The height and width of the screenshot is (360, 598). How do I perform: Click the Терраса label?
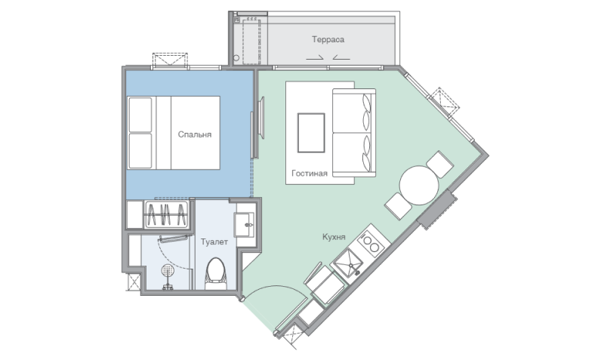(x=328, y=40)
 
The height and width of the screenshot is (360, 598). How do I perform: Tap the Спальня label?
(x=195, y=134)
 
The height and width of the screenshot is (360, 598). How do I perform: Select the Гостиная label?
(x=310, y=174)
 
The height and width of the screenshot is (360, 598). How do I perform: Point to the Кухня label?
(x=334, y=237)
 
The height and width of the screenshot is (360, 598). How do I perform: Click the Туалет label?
(x=214, y=242)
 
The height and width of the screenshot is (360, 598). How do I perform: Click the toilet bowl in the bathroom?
(x=215, y=273)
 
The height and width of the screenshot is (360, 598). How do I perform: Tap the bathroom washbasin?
(x=245, y=225)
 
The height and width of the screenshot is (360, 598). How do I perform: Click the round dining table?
(x=419, y=186)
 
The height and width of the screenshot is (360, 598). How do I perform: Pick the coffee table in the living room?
(x=311, y=133)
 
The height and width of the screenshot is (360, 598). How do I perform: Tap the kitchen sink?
(x=347, y=264)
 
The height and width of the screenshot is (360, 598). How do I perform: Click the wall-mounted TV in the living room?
(x=261, y=118)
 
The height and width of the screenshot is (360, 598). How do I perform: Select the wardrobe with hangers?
(x=166, y=214)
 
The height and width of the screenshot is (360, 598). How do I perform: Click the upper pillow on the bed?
(x=140, y=115)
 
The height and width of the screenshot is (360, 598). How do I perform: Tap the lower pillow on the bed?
(x=140, y=151)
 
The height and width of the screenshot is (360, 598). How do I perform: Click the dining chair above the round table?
(x=439, y=165)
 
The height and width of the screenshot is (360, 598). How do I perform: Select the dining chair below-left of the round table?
(x=398, y=206)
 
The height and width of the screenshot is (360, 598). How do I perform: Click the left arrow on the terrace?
(x=315, y=58)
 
